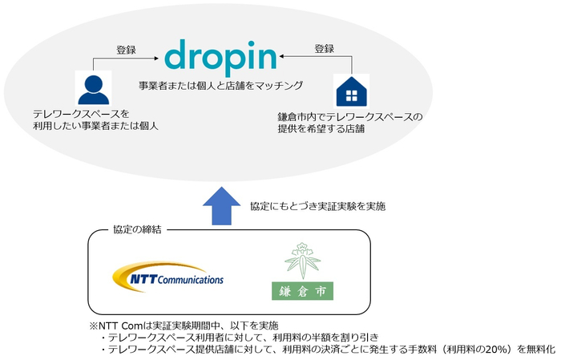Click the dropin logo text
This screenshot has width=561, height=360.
click(220, 57)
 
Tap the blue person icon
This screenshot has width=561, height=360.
click(94, 90)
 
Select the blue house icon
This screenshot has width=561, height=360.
click(352, 91)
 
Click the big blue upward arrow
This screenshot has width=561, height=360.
click(221, 206)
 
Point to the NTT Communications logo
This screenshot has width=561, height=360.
click(167, 277)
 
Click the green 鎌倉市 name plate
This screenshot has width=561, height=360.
click(302, 291)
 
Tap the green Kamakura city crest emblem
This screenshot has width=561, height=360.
click(302, 260)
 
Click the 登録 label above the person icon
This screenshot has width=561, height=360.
click(126, 50)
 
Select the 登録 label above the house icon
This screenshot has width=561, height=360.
click(324, 49)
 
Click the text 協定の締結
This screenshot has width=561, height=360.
click(137, 230)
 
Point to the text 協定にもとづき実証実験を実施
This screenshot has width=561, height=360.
click(317, 206)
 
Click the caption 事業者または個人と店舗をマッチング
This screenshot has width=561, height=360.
click(220, 86)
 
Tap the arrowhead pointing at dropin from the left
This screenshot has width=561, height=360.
click(156, 58)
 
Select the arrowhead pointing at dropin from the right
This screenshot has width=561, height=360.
click(282, 56)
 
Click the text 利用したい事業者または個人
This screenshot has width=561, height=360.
click(95, 126)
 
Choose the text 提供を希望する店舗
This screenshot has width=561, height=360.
click(321, 128)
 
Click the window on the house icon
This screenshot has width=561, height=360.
click(352, 95)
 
